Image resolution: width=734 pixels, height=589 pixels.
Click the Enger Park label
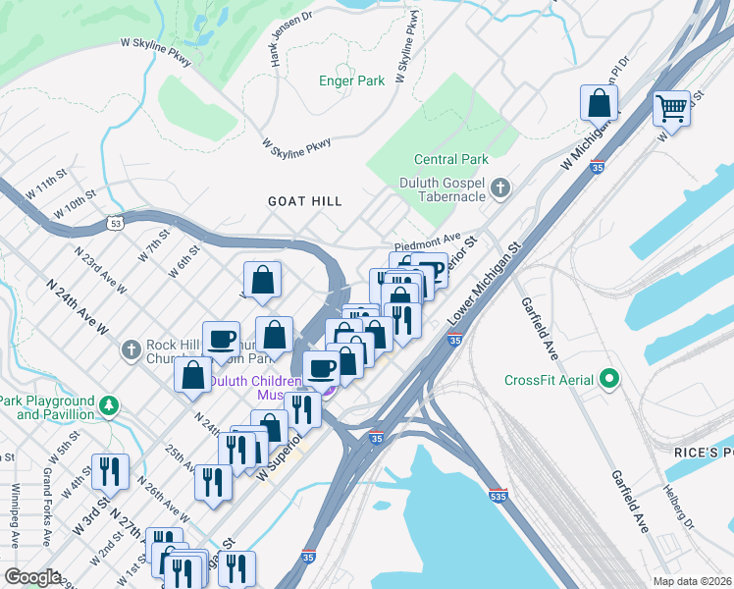coord(351,81)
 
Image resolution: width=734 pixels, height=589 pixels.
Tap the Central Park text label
coord(450,159)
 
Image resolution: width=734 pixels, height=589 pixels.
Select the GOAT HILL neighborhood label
coord(305,201)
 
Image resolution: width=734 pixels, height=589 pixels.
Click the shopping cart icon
coord(672,107)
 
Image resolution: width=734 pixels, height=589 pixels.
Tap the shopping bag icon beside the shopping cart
coord(598,102)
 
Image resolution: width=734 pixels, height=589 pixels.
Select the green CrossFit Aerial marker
coord(609,379)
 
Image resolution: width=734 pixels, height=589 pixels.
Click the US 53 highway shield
coord(117,225)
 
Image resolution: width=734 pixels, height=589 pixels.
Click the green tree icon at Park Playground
coord(112,405)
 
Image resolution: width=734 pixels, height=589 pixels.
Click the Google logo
coord(32,577)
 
